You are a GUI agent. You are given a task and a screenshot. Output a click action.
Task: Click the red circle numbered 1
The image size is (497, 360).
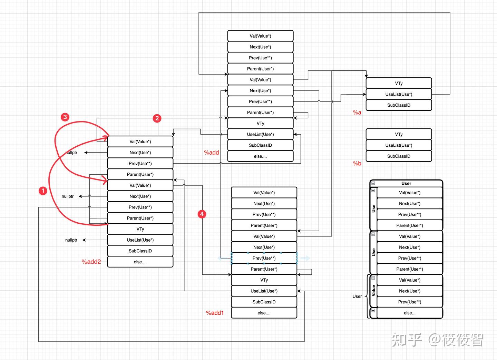pyautogui.click(x=43, y=191)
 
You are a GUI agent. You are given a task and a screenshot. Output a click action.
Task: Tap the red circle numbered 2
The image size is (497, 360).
pyautogui.click(x=157, y=118)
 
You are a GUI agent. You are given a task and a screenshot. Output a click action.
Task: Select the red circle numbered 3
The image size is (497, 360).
pyautogui.click(x=65, y=117)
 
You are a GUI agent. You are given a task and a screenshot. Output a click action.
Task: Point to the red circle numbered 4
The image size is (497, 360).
pyautogui.click(x=202, y=214)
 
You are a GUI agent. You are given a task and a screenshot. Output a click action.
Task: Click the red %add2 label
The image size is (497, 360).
pyautogui.click(x=91, y=262)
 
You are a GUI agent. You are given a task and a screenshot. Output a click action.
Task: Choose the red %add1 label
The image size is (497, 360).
pyautogui.click(x=215, y=313)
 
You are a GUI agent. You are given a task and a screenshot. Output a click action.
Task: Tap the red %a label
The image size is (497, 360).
pyautogui.click(x=357, y=113)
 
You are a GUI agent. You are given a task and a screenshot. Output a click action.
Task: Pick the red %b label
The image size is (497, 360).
pyautogui.click(x=357, y=164)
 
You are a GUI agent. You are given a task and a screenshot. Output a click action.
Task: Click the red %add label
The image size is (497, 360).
pyautogui.click(x=211, y=153)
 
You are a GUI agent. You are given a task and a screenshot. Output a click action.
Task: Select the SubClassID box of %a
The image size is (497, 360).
pyautogui.click(x=399, y=105)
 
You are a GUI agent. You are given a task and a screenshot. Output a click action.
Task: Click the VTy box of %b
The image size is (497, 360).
pyautogui.click(x=399, y=134)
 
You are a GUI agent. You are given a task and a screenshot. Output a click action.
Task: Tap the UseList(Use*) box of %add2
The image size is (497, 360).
pyautogui.click(x=140, y=240)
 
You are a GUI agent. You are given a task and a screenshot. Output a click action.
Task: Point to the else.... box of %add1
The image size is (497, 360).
pyautogui.click(x=264, y=313)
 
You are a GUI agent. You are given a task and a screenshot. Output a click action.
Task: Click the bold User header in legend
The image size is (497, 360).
pyautogui.click(x=406, y=183)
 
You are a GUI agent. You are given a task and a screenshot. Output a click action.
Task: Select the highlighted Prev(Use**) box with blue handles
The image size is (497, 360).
pyautogui.click(x=264, y=258)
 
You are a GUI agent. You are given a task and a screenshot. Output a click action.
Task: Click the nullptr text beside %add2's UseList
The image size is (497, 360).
pyautogui.click(x=71, y=240)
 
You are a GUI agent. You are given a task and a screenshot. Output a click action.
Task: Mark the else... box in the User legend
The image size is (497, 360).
pyautogui.click(x=409, y=313)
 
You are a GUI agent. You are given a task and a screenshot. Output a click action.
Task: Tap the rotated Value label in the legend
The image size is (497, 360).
pyautogui.click(x=373, y=291)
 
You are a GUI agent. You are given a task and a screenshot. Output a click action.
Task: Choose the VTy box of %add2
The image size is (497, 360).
pyautogui.click(x=140, y=229)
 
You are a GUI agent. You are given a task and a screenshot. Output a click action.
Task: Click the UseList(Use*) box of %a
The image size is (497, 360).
pyautogui.click(x=399, y=94)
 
